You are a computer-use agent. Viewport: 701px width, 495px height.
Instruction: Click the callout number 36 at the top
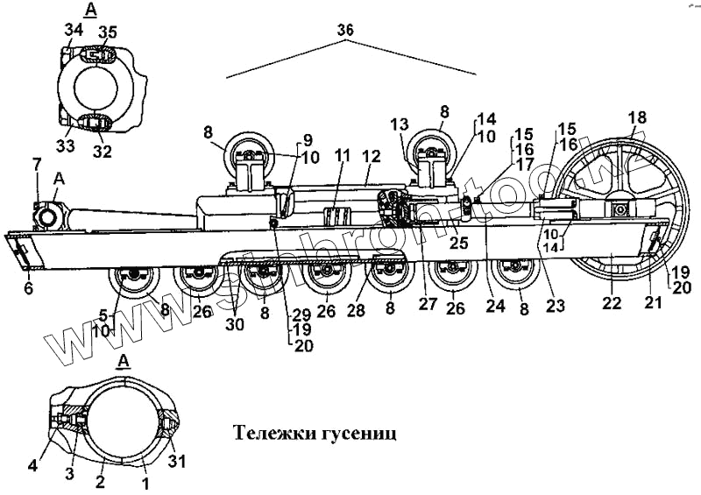tap(345, 30)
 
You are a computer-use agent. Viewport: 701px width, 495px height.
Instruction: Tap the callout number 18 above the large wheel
tap(636, 117)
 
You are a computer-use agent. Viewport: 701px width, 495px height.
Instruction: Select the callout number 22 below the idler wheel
tap(612, 303)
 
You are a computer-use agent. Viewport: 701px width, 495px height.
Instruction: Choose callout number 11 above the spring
tap(342, 155)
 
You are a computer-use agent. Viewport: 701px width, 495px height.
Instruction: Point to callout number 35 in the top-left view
tap(106, 32)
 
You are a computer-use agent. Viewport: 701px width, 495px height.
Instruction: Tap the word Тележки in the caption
tap(274, 433)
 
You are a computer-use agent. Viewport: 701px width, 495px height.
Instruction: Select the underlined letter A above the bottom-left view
tap(124, 361)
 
